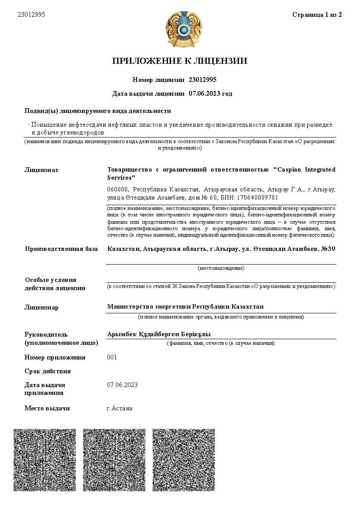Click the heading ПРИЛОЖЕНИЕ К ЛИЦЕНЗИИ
tap(180, 61)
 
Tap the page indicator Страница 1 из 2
tap(317, 15)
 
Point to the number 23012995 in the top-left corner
tap(31, 15)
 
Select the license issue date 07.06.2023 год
tap(211, 94)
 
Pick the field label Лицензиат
tap(41, 170)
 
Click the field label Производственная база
tap(61, 249)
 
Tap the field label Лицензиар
tap(41, 307)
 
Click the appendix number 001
tap(112, 357)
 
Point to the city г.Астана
tap(119, 408)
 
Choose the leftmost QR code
tap(45, 459)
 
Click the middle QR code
tap(114, 459)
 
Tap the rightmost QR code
tap(184, 459)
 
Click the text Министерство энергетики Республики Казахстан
tap(185, 306)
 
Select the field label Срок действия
tap(47, 371)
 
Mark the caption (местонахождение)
tap(221, 268)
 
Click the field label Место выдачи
tap(47, 408)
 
